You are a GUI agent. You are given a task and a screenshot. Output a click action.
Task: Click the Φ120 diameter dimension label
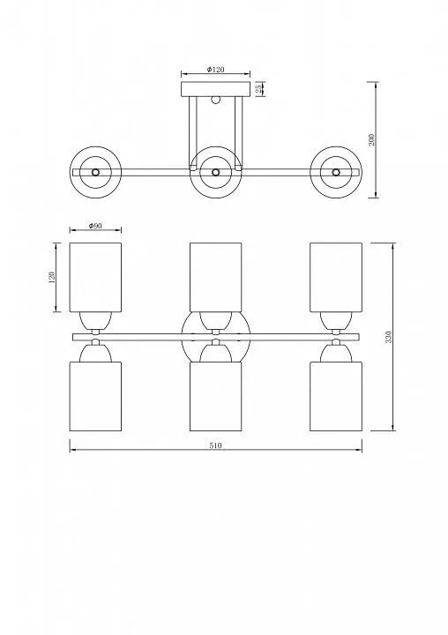pyautogui.click(x=215, y=70)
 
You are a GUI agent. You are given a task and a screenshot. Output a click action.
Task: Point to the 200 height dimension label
pyautogui.click(x=371, y=139)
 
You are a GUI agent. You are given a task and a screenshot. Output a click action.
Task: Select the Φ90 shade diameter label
pyautogui.click(x=95, y=226)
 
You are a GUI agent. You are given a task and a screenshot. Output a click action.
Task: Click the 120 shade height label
pyautogui.click(x=51, y=278)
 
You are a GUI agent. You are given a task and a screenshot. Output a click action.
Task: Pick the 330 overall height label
pyautogui.click(x=388, y=337)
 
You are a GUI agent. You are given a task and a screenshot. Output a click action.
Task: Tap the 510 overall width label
pyautogui.click(x=215, y=445)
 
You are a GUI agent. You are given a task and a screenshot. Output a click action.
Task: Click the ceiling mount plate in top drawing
pyautogui.click(x=215, y=89)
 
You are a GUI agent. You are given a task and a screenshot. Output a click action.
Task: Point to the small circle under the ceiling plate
pyautogui.click(x=215, y=100)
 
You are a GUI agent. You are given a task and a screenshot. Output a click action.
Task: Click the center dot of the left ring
pyautogui.click(x=95, y=172)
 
